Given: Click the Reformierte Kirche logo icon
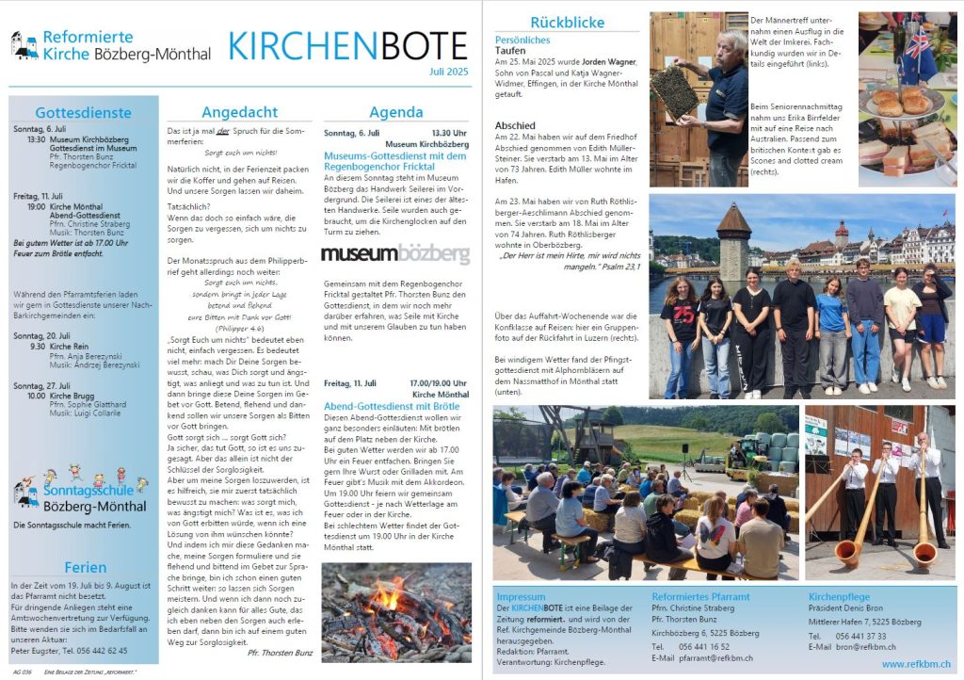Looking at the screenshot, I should pyautogui.click(x=24, y=44).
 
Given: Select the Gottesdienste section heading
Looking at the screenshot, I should pyautogui.click(x=83, y=113).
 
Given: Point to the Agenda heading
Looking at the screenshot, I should pyautogui.click(x=395, y=111).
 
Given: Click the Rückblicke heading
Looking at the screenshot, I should pyautogui.click(x=567, y=22).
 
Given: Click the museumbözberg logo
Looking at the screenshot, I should pyautogui.click(x=395, y=253).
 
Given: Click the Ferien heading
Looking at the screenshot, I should pyautogui.click(x=85, y=567).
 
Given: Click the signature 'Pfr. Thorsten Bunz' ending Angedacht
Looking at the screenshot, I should pyautogui.click(x=279, y=652).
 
